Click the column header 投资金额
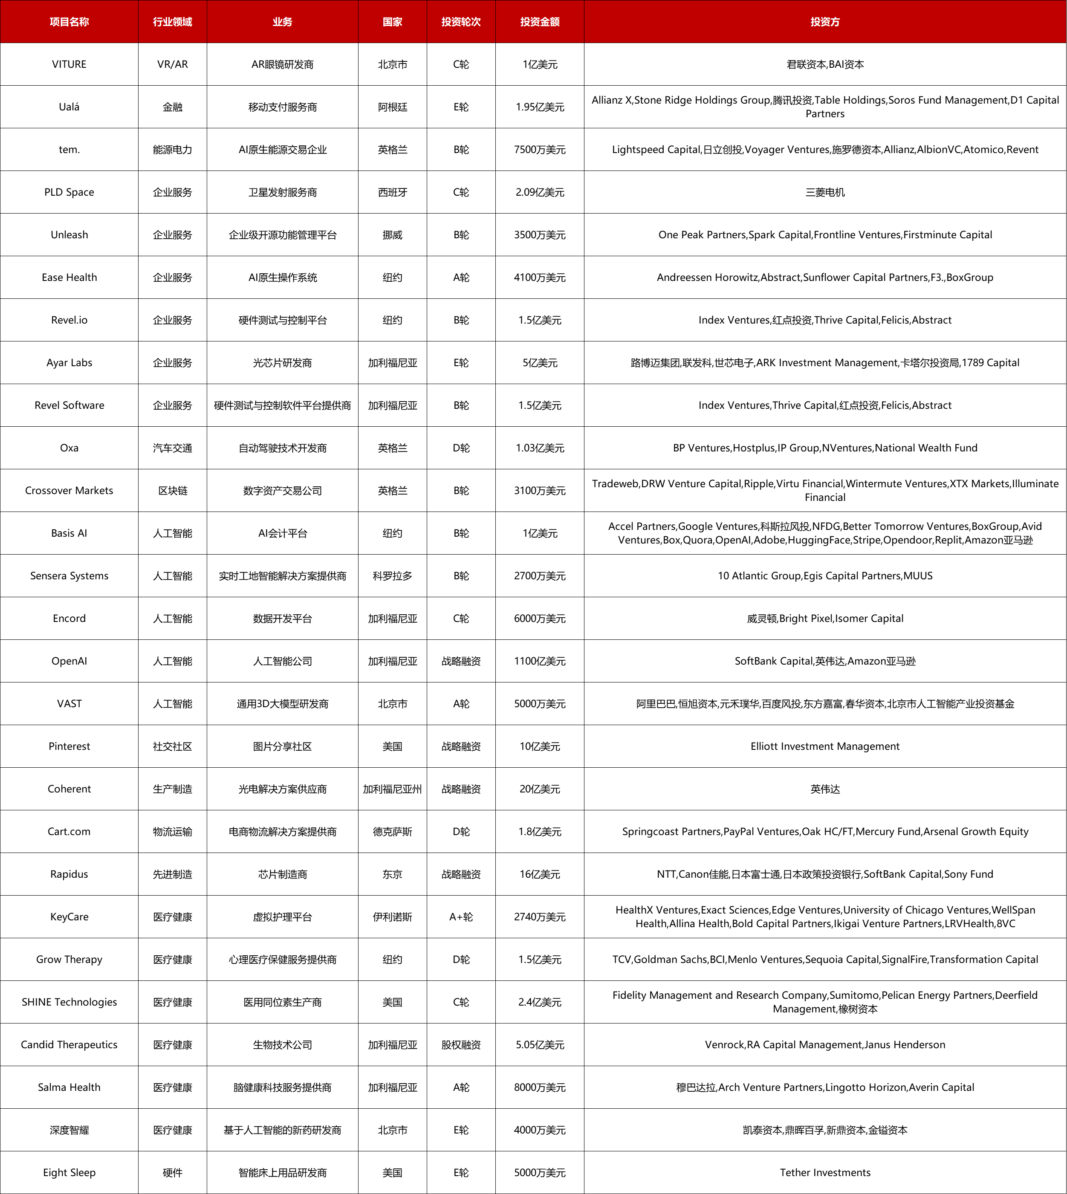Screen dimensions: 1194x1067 click(x=539, y=22)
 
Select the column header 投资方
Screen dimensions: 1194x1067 click(x=825, y=22)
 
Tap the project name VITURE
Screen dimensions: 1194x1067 click(x=69, y=64)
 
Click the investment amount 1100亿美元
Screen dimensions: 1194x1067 click(x=539, y=661)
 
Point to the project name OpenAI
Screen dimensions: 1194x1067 click(x=69, y=661)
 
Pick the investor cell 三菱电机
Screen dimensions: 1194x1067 click(x=825, y=192)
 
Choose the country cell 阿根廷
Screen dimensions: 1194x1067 click(x=392, y=107)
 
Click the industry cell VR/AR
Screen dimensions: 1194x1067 click(x=172, y=64)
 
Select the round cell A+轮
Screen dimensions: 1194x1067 click(x=461, y=917)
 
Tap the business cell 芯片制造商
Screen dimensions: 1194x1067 click(x=283, y=874)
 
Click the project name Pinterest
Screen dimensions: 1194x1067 click(x=69, y=746)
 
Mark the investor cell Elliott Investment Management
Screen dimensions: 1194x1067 click(x=825, y=746)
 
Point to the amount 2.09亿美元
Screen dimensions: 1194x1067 click(x=539, y=192)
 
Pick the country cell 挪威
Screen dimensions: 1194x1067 click(x=392, y=235)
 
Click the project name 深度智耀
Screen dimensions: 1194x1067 click(x=69, y=1130)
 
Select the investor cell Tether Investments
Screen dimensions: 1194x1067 click(x=825, y=1172)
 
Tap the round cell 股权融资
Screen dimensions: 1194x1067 click(x=461, y=1044)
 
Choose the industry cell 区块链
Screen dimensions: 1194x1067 click(x=172, y=491)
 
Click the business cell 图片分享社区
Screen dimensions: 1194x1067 click(x=283, y=746)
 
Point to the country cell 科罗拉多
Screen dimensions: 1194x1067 click(x=392, y=575)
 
